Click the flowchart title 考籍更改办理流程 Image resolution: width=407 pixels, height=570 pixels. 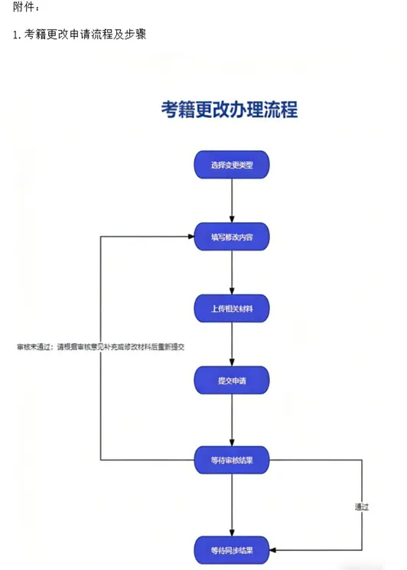coord(230,110)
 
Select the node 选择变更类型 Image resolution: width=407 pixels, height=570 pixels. coord(232,165)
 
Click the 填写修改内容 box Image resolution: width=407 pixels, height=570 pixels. coord(232,237)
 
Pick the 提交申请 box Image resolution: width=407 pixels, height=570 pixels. coord(232,380)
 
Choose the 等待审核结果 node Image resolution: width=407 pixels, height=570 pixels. coord(232,460)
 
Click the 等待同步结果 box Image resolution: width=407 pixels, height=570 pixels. coord(232,549)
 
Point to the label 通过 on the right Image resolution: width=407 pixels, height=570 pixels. coord(362,506)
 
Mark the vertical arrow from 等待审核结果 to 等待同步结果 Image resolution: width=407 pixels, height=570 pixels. coord(232,506)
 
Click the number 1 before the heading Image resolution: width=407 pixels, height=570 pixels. coord(16,35)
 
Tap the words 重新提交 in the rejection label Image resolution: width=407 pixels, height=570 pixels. coord(172,346)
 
